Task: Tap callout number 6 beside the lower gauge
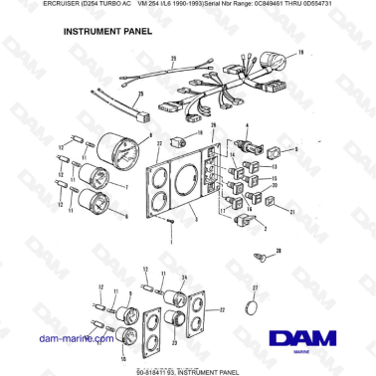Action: click(126, 215)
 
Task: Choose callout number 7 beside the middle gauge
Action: click(126, 187)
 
